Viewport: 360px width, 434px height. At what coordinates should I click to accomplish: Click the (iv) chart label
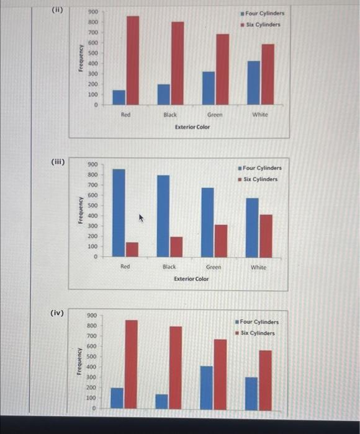click(57, 314)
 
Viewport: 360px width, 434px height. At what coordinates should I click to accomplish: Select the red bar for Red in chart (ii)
click(132, 60)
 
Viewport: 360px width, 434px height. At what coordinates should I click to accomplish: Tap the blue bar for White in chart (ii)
click(254, 82)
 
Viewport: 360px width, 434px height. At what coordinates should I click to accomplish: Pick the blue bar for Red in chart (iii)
click(118, 213)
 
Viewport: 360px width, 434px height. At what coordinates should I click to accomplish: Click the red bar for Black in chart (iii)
click(176, 246)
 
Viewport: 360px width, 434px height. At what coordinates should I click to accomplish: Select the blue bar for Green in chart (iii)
click(207, 221)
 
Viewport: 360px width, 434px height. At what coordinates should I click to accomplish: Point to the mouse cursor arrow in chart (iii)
click(141, 218)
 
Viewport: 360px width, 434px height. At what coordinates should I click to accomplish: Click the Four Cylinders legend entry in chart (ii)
click(264, 14)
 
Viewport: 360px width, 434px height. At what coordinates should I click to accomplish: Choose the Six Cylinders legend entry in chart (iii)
click(259, 179)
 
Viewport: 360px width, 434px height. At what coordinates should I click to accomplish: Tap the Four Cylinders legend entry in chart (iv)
click(258, 322)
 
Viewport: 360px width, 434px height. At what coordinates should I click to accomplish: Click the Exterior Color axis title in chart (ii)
click(192, 127)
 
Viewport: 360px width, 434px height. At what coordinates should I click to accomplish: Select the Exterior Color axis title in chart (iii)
click(191, 279)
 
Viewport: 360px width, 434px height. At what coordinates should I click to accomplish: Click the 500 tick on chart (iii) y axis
click(92, 205)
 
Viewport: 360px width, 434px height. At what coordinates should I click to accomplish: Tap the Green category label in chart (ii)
click(215, 115)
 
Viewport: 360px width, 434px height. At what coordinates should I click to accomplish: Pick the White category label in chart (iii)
click(258, 267)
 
